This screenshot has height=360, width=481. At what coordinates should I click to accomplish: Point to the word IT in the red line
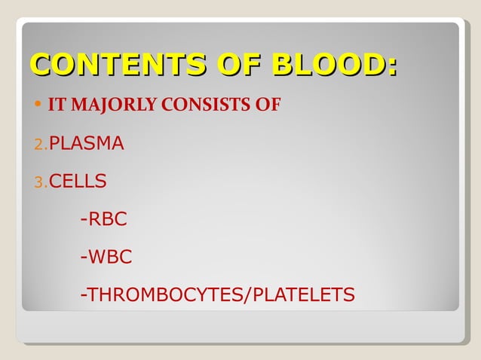(x=55, y=105)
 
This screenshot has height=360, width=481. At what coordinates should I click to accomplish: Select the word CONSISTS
(x=200, y=105)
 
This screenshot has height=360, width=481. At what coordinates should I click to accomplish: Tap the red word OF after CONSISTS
(x=266, y=105)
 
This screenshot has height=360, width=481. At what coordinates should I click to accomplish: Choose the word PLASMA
(x=86, y=143)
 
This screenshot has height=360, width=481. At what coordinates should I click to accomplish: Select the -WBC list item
(x=106, y=258)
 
